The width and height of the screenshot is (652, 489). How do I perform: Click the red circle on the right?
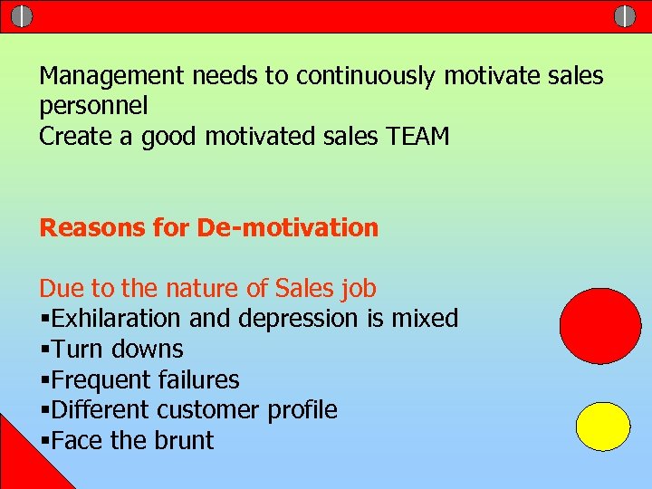pyautogui.click(x=600, y=326)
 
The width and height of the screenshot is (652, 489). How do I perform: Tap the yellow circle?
pyautogui.click(x=604, y=427)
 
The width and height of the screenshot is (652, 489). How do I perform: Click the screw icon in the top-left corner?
pyautogui.click(x=23, y=16)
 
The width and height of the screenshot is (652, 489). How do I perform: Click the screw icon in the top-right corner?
pyautogui.click(x=625, y=16)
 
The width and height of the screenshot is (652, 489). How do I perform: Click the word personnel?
pyautogui.click(x=93, y=107)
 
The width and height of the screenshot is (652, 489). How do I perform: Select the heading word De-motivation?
pyautogui.click(x=287, y=227)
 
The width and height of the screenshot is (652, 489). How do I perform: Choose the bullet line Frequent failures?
pyautogui.click(x=139, y=379)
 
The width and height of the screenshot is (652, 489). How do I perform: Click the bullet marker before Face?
pyautogui.click(x=44, y=442)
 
